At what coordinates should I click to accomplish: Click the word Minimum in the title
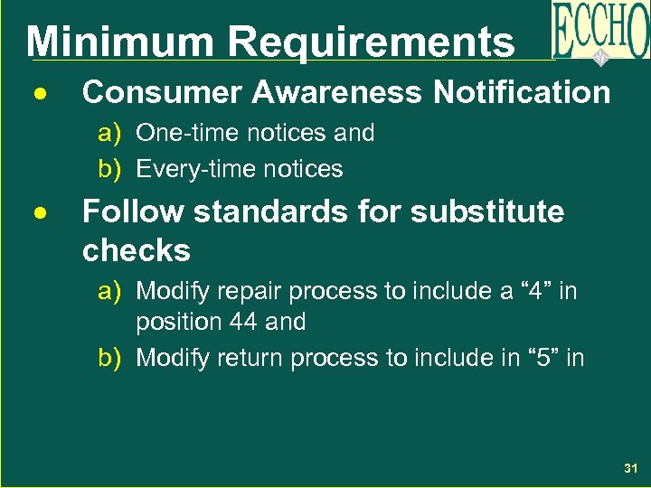[x=120, y=42]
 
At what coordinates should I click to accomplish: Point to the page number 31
[x=630, y=469]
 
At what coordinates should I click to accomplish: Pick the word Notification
[x=522, y=92]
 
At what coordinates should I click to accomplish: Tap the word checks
[x=137, y=250]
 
